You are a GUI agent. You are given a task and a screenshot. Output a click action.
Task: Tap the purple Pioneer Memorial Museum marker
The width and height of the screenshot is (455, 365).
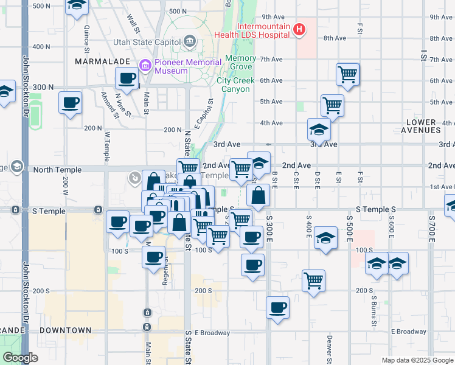pyautogui.click(x=145, y=65)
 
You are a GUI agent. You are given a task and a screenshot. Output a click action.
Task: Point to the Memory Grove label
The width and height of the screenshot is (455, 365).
pyautogui.click(x=240, y=63)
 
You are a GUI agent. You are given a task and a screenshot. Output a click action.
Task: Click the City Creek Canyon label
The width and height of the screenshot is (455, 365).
pyautogui.click(x=234, y=85)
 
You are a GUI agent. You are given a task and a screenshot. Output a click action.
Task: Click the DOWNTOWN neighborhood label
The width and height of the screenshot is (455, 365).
pyautogui.click(x=66, y=330)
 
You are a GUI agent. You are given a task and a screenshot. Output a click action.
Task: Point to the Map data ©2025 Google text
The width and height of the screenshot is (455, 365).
pyautogui.click(x=417, y=360)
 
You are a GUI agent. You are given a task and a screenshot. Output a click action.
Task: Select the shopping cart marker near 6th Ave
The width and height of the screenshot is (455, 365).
pyautogui.click(x=347, y=75)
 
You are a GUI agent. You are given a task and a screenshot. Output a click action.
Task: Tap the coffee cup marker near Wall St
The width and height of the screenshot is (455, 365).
pyautogui.click(x=128, y=78)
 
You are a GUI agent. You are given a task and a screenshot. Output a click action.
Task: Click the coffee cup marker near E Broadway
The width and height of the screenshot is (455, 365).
pyautogui.click(x=277, y=308)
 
